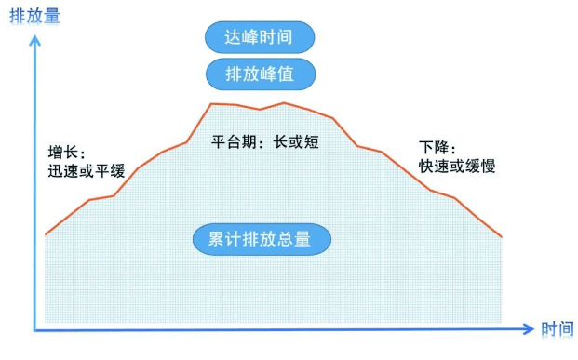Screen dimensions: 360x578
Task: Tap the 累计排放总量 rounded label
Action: [262, 239]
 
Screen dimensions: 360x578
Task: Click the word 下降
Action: [434, 147]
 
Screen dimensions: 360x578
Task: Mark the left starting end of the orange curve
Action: [46, 234]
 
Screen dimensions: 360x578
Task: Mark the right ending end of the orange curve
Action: [502, 236]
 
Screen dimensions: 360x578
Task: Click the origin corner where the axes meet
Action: [36, 328]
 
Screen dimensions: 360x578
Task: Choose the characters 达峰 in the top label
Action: [239, 37]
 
